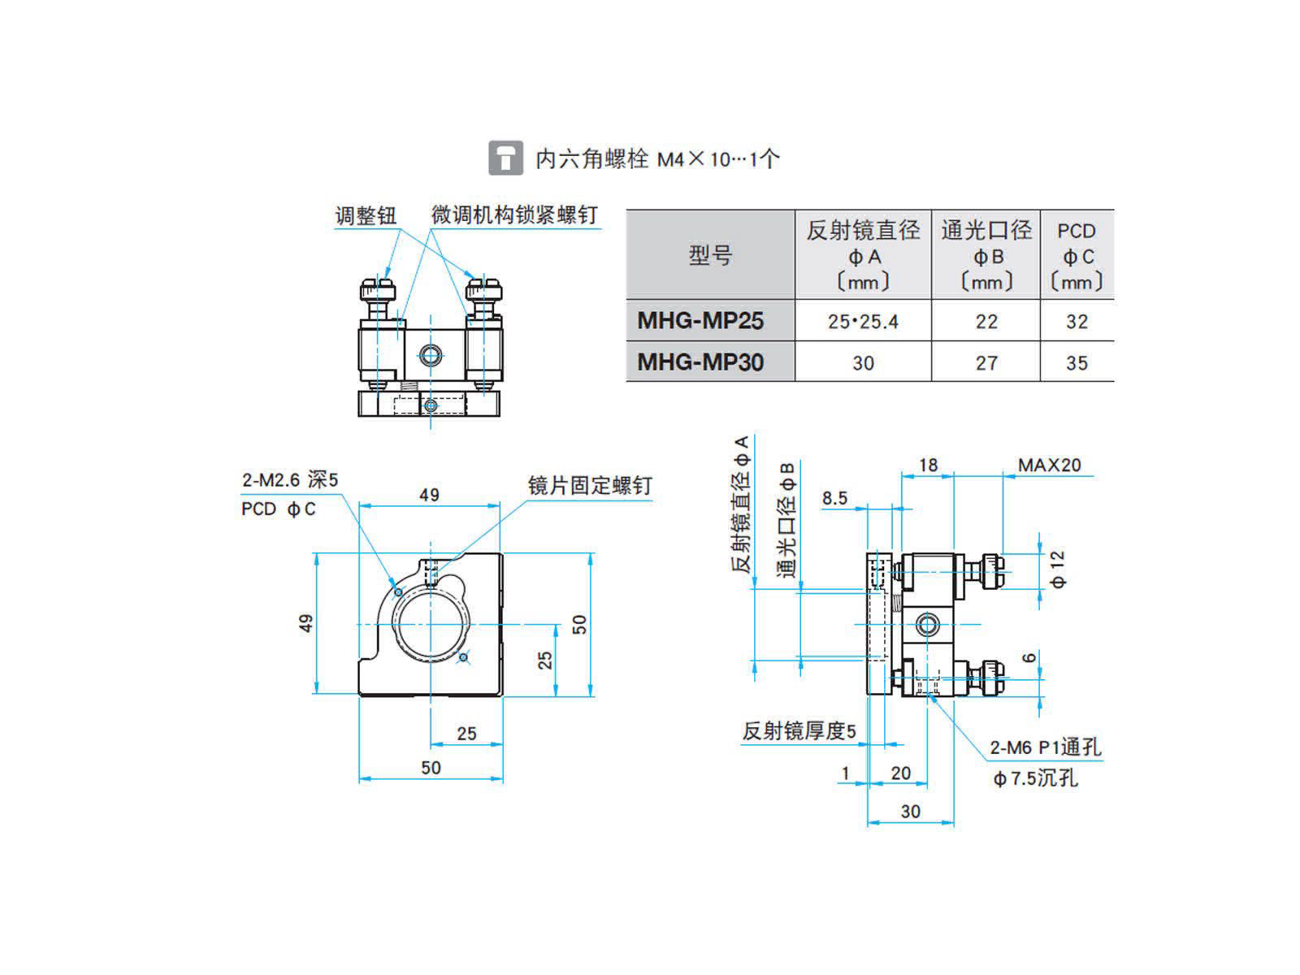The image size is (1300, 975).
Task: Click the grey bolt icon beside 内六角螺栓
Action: tap(505, 158)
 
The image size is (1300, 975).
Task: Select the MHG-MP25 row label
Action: tap(700, 321)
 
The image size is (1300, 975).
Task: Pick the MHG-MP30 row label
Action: tap(700, 362)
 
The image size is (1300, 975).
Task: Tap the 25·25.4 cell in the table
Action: tap(863, 322)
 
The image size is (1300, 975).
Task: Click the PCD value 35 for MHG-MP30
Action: tap(1077, 363)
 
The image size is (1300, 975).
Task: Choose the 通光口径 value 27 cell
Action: tap(986, 363)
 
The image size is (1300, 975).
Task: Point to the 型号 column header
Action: tap(710, 255)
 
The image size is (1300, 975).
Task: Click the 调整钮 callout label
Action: tap(366, 215)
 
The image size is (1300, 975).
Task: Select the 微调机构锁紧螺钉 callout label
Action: tap(514, 214)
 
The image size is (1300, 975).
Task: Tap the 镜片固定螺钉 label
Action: tap(589, 485)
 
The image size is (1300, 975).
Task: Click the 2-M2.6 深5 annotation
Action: tap(289, 479)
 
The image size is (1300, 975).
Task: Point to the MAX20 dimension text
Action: tap(1049, 465)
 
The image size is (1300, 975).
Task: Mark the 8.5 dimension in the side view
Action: tap(834, 498)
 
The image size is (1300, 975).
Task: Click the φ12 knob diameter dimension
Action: tap(1057, 569)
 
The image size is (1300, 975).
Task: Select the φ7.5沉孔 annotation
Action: tap(1035, 778)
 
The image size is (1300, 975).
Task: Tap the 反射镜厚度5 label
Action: tap(799, 731)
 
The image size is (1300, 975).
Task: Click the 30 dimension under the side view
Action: tap(910, 812)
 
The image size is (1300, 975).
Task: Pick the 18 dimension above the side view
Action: tap(928, 466)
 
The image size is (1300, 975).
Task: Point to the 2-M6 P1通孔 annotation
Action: tap(1046, 747)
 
